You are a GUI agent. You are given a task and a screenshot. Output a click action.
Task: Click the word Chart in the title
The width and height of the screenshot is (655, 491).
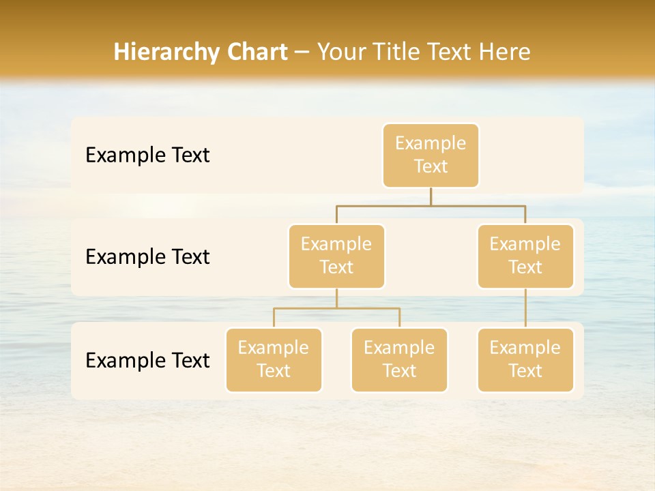point(257,52)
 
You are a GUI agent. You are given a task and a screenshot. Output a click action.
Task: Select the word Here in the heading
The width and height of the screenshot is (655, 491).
point(506,52)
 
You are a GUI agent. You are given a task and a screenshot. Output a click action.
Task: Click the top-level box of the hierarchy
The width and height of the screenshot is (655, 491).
point(431,155)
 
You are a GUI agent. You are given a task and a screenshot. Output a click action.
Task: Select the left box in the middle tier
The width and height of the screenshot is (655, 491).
point(336,256)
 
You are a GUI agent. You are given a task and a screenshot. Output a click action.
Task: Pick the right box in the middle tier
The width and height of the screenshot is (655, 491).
point(525,256)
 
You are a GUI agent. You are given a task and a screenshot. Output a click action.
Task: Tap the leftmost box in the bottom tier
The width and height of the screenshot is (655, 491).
point(274,360)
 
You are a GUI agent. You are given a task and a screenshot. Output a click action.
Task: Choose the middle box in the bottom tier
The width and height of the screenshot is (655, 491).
point(399,360)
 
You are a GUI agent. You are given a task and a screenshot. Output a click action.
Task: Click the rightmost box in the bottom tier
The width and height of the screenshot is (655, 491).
point(525,360)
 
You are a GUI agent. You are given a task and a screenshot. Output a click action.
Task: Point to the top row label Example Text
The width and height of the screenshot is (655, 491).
point(147,155)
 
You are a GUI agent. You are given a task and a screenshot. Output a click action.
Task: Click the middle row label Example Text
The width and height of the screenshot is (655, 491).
point(147,257)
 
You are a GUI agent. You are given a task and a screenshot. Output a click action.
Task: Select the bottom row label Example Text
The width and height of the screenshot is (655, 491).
point(147,360)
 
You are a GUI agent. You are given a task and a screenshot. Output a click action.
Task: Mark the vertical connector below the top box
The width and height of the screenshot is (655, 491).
point(431,196)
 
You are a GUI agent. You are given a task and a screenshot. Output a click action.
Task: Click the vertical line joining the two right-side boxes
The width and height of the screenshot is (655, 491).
point(525,308)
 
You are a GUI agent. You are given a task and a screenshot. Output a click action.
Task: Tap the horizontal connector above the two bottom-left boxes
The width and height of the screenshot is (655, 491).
point(336,308)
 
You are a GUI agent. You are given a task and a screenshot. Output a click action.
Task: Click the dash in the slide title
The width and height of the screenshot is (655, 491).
point(302,53)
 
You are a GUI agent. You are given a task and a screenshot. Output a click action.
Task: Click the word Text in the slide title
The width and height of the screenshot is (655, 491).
point(446,52)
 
